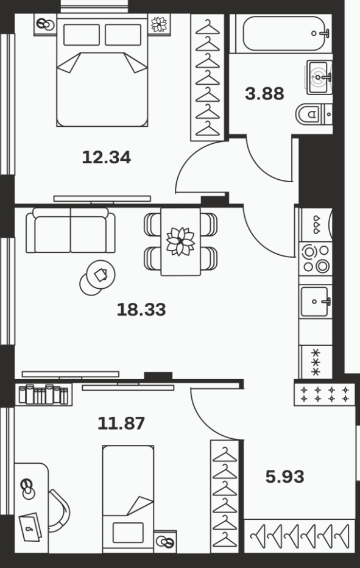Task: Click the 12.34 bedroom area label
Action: pyautogui.click(x=107, y=157)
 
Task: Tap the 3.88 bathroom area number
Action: pyautogui.click(x=264, y=93)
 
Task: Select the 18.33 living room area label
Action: pyautogui.click(x=141, y=310)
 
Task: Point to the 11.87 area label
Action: pyautogui.click(x=121, y=423)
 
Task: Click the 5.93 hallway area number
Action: pyautogui.click(x=285, y=477)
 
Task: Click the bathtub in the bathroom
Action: pyautogui.click(x=284, y=34)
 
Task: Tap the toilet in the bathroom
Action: pyautogui.click(x=314, y=115)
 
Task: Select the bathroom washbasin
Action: pyautogui.click(x=319, y=77)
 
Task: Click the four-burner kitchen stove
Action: pyautogui.click(x=316, y=258)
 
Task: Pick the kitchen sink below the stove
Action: pyautogui.click(x=316, y=302)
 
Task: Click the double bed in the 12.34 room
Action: pyautogui.click(x=102, y=70)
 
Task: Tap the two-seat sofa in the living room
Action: pyautogui.click(x=71, y=230)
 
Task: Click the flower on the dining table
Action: pyautogui.click(x=180, y=241)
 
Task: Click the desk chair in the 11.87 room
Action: pyautogui.click(x=60, y=510)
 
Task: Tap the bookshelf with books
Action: pyautogui.click(x=43, y=394)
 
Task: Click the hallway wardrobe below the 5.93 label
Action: pyautogui.click(x=300, y=536)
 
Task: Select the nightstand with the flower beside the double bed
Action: pyautogui.click(x=159, y=24)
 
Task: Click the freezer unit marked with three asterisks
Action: pyautogui.click(x=316, y=362)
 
